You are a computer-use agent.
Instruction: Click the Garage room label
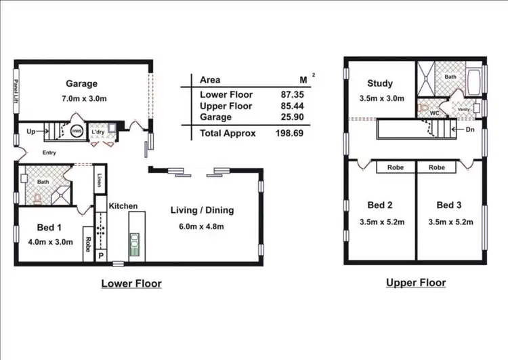tap(81, 84)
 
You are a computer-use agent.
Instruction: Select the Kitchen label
tap(123, 206)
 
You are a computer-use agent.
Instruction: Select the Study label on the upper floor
tap(379, 84)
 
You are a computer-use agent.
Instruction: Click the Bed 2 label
tap(380, 205)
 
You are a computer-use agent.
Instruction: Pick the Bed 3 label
tap(449, 205)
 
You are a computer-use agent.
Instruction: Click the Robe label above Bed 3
tap(438, 167)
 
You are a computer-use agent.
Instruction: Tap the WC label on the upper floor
tap(435, 114)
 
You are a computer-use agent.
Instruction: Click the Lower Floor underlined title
tap(131, 283)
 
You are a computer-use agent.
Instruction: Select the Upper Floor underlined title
tap(416, 283)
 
